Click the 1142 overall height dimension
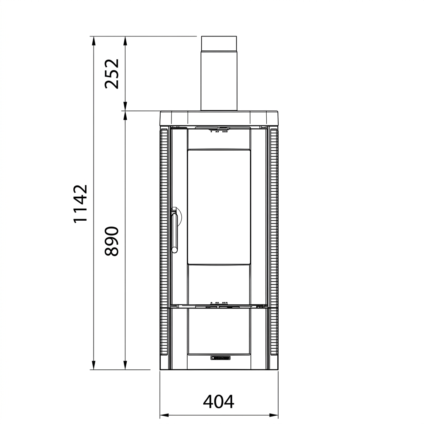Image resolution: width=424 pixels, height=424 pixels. [81, 204]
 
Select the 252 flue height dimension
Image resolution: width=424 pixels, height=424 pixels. [112, 74]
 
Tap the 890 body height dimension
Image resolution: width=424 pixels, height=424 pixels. [112, 241]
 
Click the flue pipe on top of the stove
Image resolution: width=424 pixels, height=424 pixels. [219, 73]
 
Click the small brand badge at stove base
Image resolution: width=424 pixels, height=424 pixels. [221, 358]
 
